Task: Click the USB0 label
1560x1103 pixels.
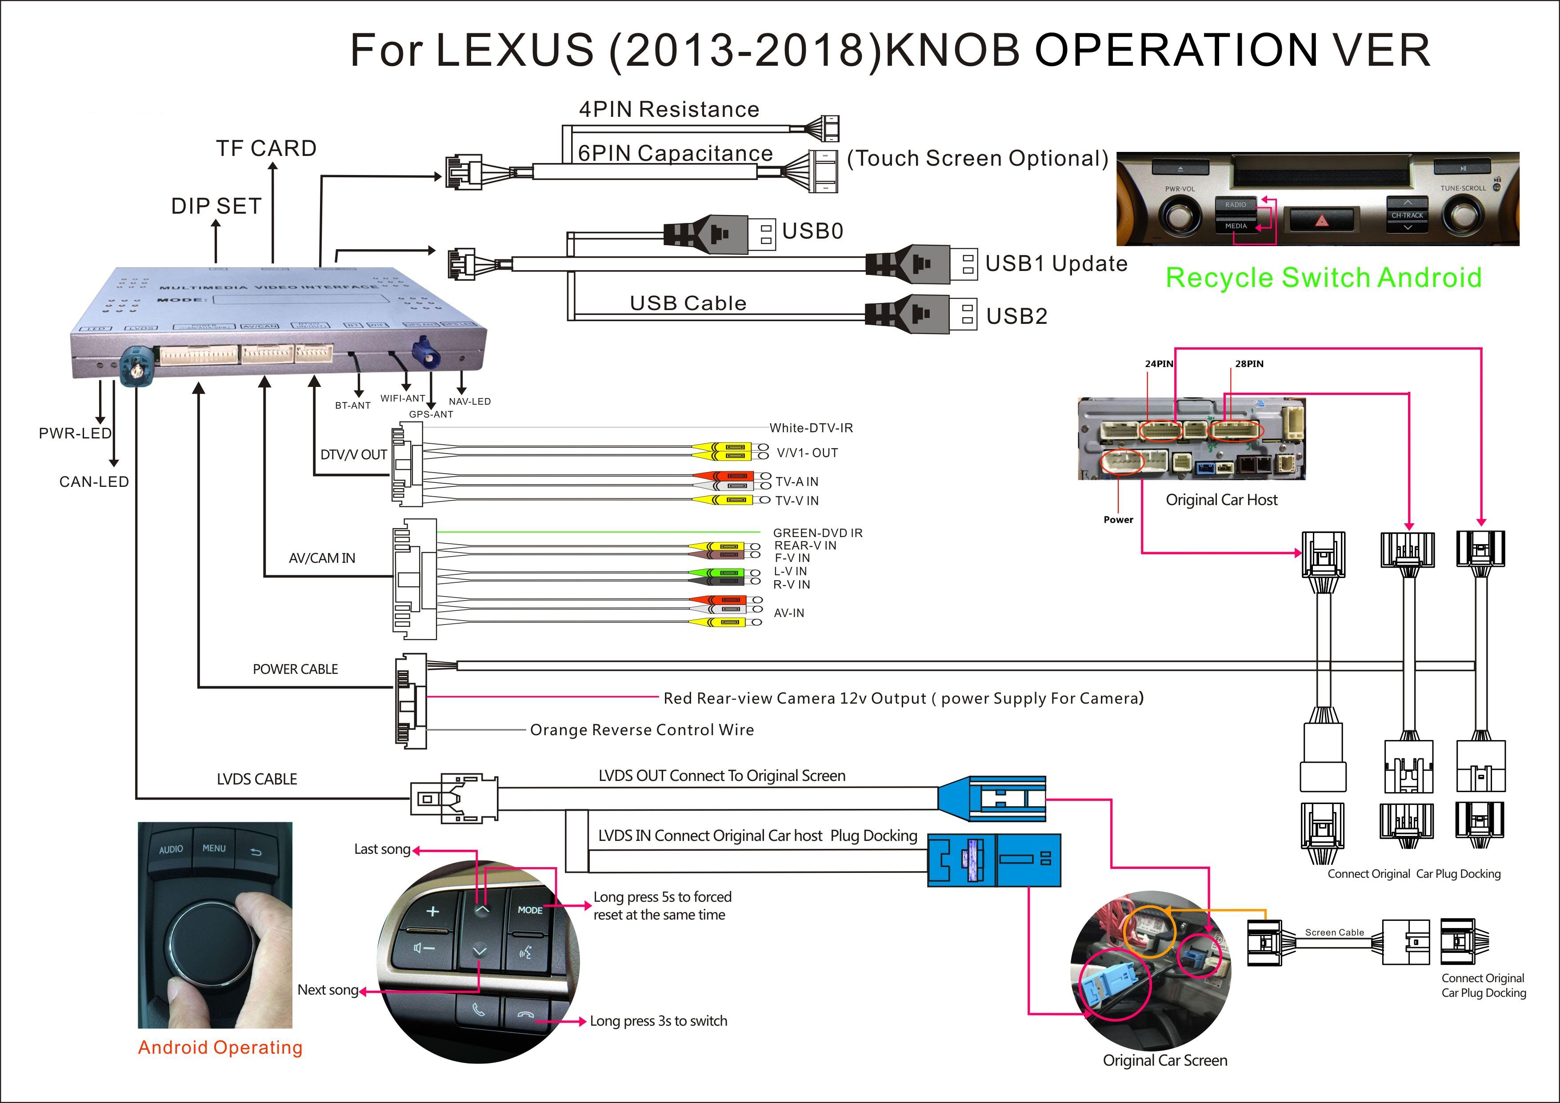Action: (x=812, y=231)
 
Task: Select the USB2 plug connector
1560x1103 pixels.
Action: (x=920, y=315)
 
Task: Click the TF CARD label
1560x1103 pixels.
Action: (x=266, y=148)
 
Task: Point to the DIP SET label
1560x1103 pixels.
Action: (x=216, y=206)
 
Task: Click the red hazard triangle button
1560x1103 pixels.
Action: (x=1321, y=220)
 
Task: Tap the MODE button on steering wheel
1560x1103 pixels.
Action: (x=530, y=910)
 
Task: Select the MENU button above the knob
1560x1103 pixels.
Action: (x=214, y=848)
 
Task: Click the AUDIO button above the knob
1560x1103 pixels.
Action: (x=171, y=850)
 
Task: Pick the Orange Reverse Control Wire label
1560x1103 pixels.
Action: (x=641, y=730)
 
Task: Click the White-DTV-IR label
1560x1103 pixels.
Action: (x=811, y=428)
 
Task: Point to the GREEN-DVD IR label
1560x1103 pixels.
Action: (x=817, y=533)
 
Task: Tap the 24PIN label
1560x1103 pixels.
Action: (x=1159, y=364)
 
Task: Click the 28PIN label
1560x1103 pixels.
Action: (x=1249, y=364)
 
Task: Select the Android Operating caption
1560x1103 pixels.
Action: (x=220, y=1047)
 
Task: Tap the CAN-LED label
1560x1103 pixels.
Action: (x=94, y=482)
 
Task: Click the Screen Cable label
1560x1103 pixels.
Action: (x=1334, y=932)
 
